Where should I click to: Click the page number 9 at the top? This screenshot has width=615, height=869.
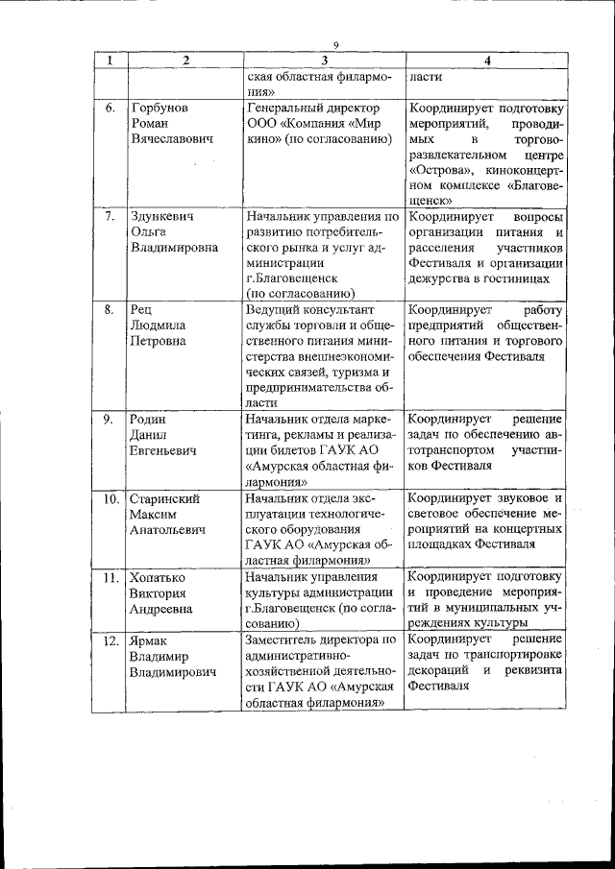tap(336, 44)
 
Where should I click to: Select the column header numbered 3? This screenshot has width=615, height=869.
tap(324, 60)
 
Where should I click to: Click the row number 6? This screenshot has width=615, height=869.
tap(111, 108)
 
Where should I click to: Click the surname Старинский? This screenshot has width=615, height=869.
tap(168, 499)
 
